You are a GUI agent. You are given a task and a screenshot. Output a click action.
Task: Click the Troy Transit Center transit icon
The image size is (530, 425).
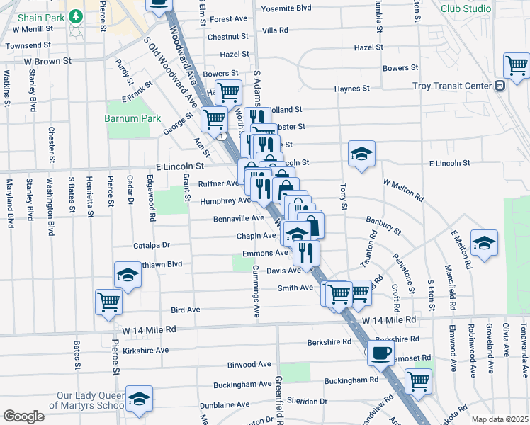(x=500, y=86)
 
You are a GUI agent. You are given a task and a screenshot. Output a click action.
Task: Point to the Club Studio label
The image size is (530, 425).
(x=466, y=8)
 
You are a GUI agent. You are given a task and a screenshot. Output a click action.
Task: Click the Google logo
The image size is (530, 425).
(x=23, y=416)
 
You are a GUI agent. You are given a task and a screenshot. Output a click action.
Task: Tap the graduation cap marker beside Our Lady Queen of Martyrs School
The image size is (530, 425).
(x=139, y=398)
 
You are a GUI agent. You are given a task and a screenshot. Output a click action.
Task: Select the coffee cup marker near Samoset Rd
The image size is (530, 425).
(x=380, y=351)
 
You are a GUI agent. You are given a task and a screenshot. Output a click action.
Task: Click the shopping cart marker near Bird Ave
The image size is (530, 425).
(x=109, y=302)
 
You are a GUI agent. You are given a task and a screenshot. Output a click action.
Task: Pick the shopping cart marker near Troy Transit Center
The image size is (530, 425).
(x=517, y=65)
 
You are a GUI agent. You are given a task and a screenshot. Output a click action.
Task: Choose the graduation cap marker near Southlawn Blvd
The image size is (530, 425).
(x=128, y=275)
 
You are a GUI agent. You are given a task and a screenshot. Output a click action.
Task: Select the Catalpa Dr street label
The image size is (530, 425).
(x=152, y=245)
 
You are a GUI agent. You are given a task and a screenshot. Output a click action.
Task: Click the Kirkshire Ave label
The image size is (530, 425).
(x=145, y=350)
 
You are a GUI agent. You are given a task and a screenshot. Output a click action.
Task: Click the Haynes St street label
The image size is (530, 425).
(x=352, y=89)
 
